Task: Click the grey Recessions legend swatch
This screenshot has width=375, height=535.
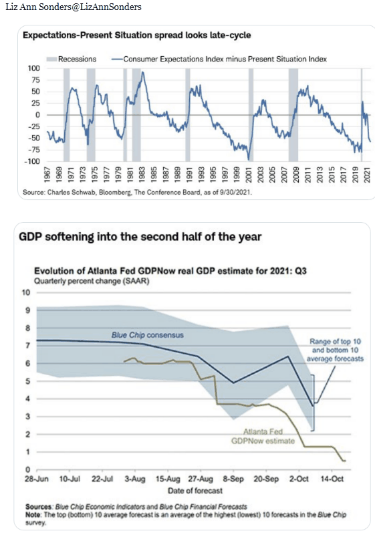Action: [x=51, y=59]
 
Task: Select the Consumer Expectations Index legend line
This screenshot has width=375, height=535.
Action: [x=117, y=59]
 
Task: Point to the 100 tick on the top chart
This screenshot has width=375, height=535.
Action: [x=33, y=68]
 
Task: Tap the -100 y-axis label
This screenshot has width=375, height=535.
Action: [x=32, y=161]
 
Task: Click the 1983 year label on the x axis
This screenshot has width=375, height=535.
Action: [x=142, y=175]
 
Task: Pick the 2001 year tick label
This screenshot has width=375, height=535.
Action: [x=249, y=175]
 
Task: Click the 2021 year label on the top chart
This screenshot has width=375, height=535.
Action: [x=367, y=175]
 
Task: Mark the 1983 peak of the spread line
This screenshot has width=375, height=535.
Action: [x=142, y=72]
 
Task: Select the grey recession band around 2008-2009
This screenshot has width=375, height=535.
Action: [x=293, y=114]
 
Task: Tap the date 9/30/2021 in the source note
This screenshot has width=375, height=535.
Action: [x=235, y=193]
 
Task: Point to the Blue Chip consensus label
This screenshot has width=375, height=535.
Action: [x=147, y=335]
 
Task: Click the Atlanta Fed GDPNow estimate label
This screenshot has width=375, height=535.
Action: [x=263, y=437]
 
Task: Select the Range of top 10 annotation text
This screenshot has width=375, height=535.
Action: [x=335, y=342]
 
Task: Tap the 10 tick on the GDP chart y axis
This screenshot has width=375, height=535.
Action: [x=26, y=292]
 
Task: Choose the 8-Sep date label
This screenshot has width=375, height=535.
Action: [x=233, y=479]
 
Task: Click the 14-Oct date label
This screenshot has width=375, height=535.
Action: [x=332, y=479]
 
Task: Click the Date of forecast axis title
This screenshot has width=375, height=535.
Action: [x=195, y=491]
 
